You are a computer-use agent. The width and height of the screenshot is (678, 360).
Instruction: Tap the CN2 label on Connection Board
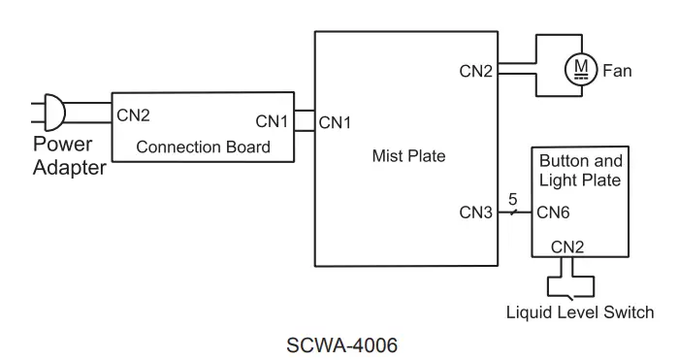click(x=134, y=115)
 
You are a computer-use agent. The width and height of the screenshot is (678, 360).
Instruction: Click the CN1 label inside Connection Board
click(x=273, y=122)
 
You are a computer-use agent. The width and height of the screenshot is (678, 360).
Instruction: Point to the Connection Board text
click(x=203, y=147)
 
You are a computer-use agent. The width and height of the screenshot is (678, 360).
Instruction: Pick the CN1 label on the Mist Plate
click(x=336, y=122)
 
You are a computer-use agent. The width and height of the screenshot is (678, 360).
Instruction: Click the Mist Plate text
click(x=407, y=154)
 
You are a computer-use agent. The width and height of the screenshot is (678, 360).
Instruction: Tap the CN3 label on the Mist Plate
click(x=476, y=213)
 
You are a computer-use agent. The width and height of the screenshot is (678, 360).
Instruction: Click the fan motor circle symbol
click(x=582, y=69)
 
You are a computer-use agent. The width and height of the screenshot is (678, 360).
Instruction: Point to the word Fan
click(x=618, y=70)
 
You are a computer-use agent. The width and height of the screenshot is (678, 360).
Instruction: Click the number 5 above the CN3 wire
click(x=514, y=200)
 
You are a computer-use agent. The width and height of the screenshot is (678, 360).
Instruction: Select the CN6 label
click(x=554, y=213)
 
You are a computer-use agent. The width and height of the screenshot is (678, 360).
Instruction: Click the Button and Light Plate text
click(x=580, y=170)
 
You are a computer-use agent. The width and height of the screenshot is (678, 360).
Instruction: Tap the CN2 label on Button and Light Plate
click(x=566, y=246)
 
